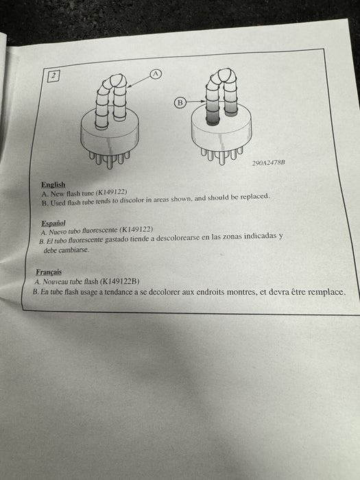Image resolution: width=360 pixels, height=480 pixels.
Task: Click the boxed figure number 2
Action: [x=53, y=75]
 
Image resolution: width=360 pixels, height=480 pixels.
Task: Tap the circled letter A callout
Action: [x=156, y=74]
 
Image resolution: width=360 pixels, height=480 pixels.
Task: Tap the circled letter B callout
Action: [x=180, y=103]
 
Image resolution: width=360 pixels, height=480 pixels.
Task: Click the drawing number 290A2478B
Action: [x=269, y=163]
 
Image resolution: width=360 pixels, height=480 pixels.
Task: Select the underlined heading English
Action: [x=53, y=184]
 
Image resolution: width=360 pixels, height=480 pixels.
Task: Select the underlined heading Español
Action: [x=53, y=223]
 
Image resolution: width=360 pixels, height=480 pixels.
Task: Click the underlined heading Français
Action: [x=49, y=272]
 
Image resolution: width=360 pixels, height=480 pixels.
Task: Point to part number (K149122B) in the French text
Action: [x=120, y=281]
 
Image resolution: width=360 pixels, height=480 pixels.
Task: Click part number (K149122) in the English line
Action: [x=111, y=192]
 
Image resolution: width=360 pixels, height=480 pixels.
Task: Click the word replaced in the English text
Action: [x=254, y=197]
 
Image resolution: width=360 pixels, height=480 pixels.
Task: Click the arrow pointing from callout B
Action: [x=195, y=101]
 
